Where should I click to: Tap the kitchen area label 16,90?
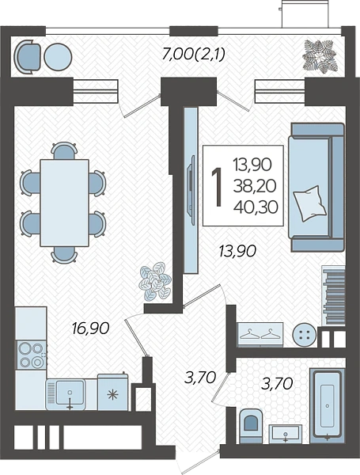pos(90,329)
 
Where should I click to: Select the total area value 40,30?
pos(256,207)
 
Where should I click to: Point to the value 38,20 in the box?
pos(255,186)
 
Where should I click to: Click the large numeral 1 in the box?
pos(217,187)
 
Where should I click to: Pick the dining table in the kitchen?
pos(65,203)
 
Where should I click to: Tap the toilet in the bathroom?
pos(251,426)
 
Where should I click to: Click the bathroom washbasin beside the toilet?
pos(286,434)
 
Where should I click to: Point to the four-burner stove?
pos(31,355)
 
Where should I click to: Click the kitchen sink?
pos(66,393)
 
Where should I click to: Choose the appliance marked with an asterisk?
pos(113,393)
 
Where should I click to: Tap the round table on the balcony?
pos(58,57)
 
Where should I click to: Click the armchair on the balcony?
pos(28,57)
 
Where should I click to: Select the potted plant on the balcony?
pos(320,55)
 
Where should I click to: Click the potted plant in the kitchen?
pos(155,281)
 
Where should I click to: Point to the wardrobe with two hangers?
pos(260,334)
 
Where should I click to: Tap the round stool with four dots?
pos(305,335)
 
